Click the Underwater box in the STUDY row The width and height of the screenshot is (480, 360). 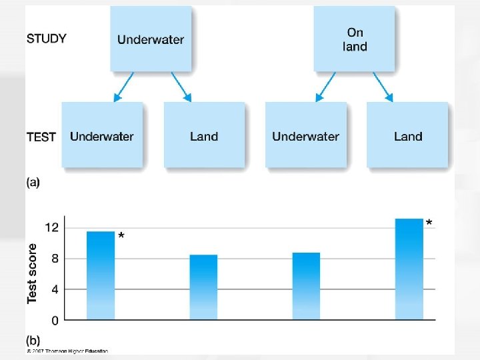coord(151,39)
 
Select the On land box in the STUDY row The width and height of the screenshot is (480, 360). coord(355,39)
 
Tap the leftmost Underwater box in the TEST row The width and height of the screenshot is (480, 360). coord(102,136)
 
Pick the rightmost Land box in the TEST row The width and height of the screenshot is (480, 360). coord(408,136)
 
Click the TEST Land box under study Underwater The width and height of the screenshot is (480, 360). coord(204,136)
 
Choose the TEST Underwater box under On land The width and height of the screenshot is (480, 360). coord(305,136)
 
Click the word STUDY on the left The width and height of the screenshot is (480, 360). coord(47,39)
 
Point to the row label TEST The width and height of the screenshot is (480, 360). coord(41,137)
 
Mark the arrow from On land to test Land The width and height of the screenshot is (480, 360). coord(383,87)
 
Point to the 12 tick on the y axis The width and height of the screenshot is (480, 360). coord(51,228)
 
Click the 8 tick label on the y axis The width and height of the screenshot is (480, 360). coord(54,259)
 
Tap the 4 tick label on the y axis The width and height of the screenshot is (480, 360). coord(54,289)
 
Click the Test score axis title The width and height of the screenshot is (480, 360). coord(33,273)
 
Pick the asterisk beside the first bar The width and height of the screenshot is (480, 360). coord(121,236)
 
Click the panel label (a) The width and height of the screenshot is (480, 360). coord(33,183)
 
